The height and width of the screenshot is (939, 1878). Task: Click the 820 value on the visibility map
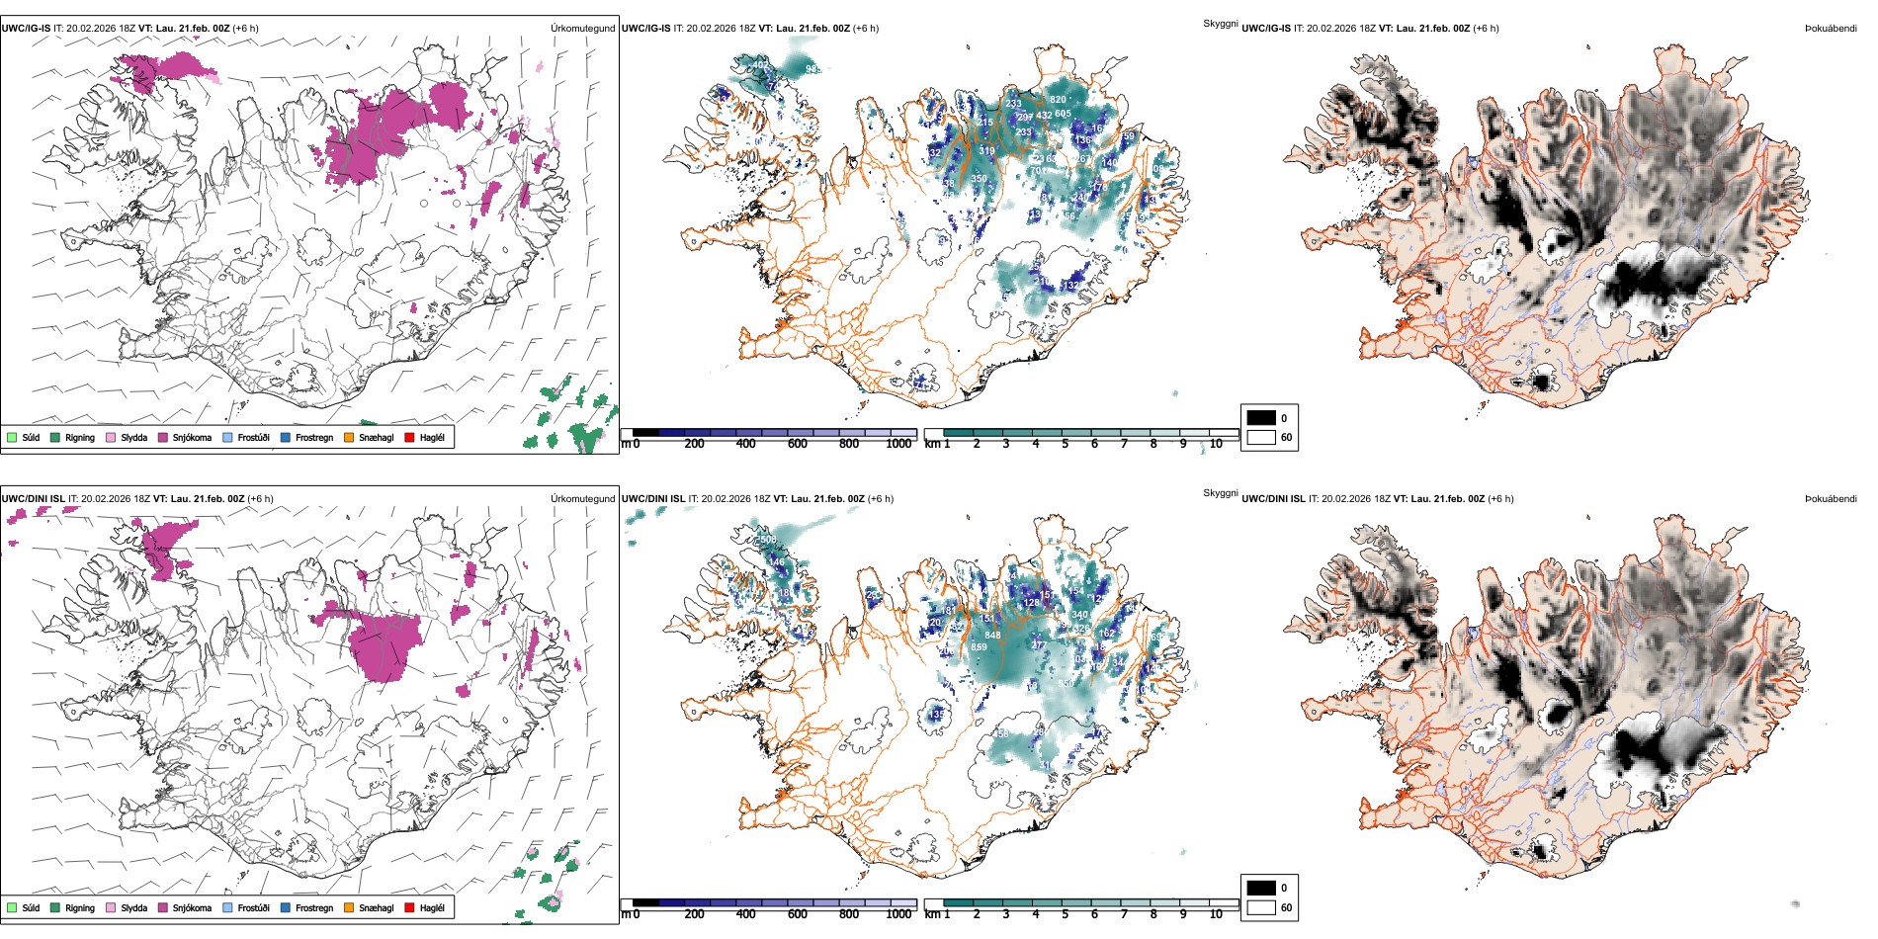tap(1058, 100)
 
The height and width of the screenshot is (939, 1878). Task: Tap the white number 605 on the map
tap(1063, 114)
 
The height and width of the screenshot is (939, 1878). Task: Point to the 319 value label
tap(986, 151)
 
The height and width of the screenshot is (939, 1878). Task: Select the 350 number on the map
tap(979, 179)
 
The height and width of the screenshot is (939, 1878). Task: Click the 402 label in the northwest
tap(759, 65)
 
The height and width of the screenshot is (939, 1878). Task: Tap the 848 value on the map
tap(992, 636)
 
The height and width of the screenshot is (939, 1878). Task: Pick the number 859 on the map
tap(979, 647)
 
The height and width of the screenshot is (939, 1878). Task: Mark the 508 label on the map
tap(768, 540)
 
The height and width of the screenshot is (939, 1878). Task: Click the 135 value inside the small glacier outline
tap(936, 714)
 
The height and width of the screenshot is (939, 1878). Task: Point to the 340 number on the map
tap(1079, 615)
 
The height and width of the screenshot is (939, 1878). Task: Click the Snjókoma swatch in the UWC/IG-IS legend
tap(163, 437)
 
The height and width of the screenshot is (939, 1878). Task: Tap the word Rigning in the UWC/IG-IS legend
tap(80, 437)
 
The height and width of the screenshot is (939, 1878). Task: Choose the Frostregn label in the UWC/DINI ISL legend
tap(314, 907)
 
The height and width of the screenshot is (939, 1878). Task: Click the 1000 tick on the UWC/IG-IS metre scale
tap(898, 444)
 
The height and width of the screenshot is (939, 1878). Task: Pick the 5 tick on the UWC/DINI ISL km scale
tap(1065, 914)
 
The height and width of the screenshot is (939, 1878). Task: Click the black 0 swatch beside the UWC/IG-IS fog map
tap(1260, 418)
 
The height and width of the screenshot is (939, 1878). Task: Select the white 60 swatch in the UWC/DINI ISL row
tap(1260, 906)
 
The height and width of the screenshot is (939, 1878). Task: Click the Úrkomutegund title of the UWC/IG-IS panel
tap(582, 28)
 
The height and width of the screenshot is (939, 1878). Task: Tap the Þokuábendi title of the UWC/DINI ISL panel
tap(1830, 498)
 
